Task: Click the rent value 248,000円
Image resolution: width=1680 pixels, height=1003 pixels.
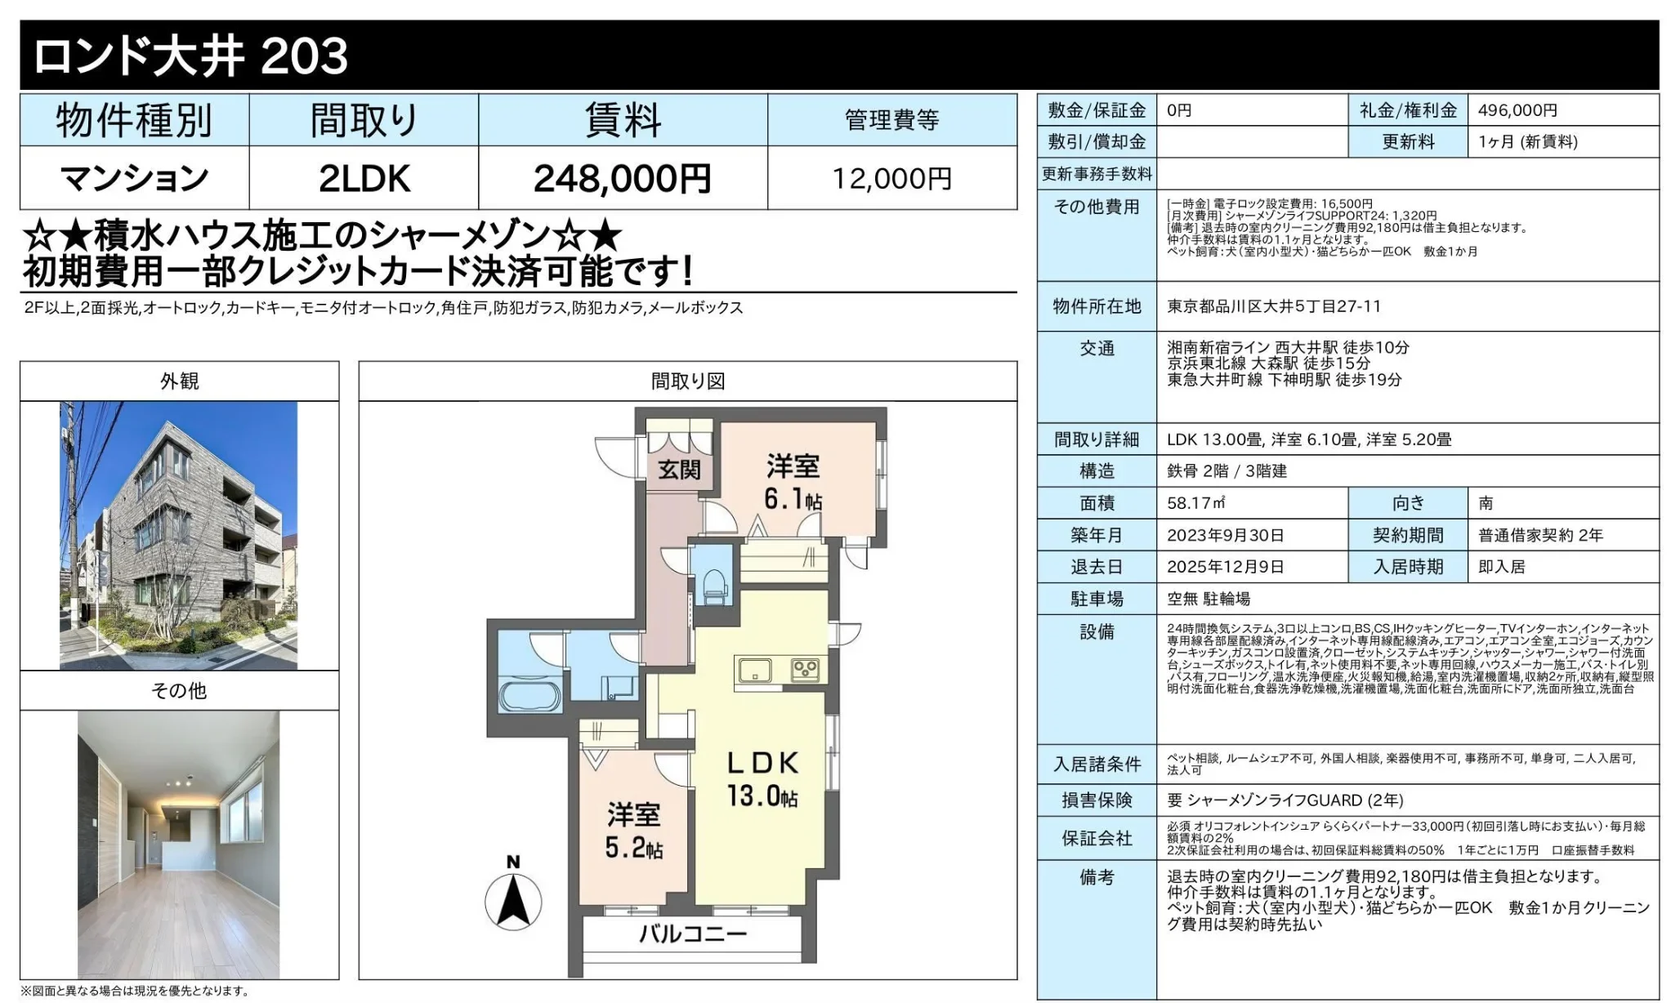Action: click(x=622, y=178)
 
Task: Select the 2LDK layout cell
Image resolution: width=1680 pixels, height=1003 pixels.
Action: click(x=364, y=178)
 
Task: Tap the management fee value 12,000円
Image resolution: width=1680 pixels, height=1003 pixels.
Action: click(x=891, y=178)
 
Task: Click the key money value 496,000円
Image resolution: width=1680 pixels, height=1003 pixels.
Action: click(x=1517, y=110)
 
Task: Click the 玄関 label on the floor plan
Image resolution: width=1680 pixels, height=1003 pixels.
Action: click(x=679, y=470)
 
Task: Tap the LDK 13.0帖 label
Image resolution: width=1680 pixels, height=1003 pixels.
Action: click(x=762, y=778)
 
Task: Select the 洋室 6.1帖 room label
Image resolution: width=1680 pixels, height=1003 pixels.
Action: click(x=793, y=482)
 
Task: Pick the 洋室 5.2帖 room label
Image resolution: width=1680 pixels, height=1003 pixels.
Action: click(x=633, y=829)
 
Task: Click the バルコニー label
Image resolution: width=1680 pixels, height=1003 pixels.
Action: click(x=692, y=933)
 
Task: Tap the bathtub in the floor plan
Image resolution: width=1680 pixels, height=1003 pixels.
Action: click(x=529, y=697)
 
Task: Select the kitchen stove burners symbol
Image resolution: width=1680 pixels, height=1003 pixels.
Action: click(x=804, y=670)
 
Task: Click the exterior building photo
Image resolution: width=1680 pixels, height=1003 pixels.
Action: click(x=179, y=535)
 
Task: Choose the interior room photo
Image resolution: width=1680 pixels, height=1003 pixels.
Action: click(x=179, y=844)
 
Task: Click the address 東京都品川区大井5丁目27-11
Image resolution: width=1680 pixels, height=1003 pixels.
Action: click(x=1274, y=306)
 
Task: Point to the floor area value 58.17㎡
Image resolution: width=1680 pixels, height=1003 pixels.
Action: click(x=1195, y=503)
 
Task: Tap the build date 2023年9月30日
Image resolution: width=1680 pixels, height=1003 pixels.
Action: click(x=1225, y=535)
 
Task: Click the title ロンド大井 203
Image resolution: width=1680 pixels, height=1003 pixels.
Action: click(x=190, y=56)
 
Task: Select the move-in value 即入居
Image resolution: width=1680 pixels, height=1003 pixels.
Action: click(x=1501, y=567)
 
